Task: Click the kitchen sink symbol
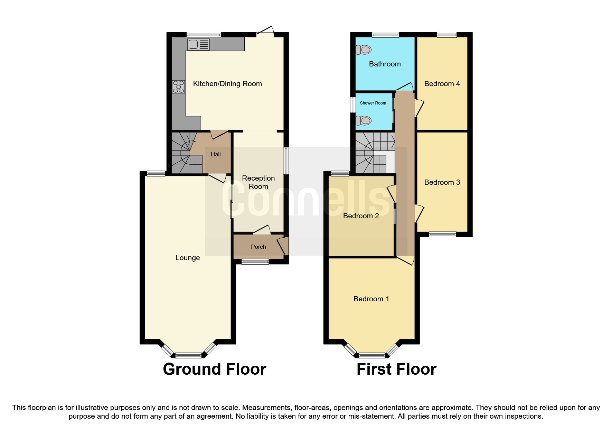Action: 198,44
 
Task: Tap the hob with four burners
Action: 178,86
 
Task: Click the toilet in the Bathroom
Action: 364,50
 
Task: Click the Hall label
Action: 216,154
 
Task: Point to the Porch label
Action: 258,247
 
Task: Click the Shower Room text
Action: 373,103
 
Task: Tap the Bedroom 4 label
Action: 442,84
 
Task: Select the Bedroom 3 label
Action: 442,182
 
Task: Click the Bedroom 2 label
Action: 361,216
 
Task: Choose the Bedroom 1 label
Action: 371,299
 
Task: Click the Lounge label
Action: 187,258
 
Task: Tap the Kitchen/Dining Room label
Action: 227,84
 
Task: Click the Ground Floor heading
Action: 214,369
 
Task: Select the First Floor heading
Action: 396,369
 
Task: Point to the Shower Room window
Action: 353,104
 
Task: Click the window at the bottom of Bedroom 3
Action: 442,234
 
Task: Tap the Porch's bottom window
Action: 255,262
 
